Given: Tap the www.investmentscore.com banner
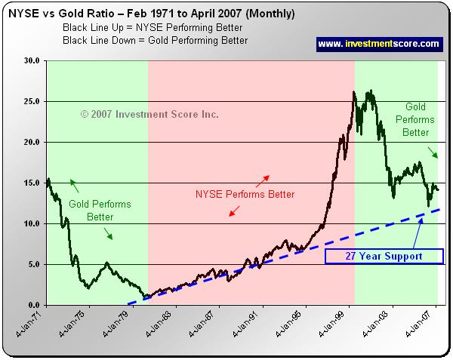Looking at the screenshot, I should (x=377, y=44).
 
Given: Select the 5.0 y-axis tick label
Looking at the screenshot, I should (x=32, y=264).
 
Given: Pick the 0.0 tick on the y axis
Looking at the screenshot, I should (x=32, y=305).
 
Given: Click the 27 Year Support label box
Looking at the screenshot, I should (x=384, y=257).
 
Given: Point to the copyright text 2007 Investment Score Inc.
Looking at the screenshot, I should (x=149, y=114).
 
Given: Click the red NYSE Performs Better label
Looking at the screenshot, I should (x=245, y=194).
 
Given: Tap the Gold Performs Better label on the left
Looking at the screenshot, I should (x=99, y=211).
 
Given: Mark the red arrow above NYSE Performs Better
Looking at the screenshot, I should (x=263, y=180).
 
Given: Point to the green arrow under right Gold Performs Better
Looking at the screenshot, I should (x=434, y=154).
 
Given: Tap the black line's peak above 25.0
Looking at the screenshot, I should (x=355, y=94).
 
